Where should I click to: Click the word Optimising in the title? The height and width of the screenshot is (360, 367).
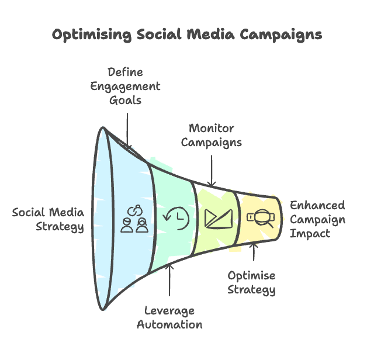point(92,35)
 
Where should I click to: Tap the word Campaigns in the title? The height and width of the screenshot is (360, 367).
point(281,35)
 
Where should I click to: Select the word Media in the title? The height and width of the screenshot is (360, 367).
point(210,34)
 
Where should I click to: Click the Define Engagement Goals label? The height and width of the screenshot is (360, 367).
point(125,86)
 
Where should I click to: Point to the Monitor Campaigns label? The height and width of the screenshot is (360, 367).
point(212,136)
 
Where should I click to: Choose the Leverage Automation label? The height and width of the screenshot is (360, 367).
point(169,318)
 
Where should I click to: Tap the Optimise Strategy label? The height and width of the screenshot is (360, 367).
point(251,283)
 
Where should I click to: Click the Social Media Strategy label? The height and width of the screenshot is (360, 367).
point(48,220)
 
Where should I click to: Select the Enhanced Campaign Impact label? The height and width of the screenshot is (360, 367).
point(317,219)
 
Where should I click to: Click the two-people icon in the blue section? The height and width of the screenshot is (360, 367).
point(134,219)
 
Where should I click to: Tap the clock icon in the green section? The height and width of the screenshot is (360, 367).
point(176,218)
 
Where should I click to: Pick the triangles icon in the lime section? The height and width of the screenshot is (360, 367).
point(219,219)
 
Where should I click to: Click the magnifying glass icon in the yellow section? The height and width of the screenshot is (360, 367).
point(261,218)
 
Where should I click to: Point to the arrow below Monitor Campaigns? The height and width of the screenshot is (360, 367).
point(212,171)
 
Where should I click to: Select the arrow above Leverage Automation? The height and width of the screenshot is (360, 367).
point(169,280)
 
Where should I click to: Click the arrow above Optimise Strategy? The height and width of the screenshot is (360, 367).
point(254,252)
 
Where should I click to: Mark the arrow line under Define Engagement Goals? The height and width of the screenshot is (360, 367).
point(127,130)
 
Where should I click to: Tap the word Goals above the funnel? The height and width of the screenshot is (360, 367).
point(125,101)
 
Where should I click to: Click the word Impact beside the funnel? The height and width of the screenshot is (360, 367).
point(310,234)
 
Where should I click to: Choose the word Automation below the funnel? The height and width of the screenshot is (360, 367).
point(169,325)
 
